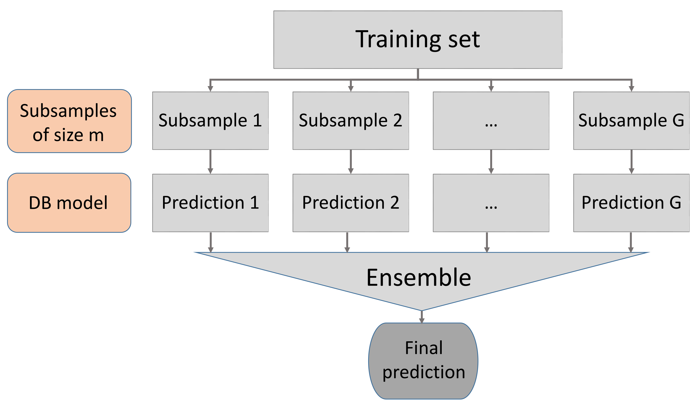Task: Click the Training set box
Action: [x=418, y=40]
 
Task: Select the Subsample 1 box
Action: [x=210, y=121]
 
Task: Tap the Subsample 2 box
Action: [x=351, y=121]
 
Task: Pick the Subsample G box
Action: [x=631, y=121]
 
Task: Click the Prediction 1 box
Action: [x=210, y=203]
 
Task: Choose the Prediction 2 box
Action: [x=351, y=203]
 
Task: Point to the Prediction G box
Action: [x=631, y=203]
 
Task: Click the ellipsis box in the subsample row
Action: [x=491, y=121]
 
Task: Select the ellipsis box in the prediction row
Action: [x=491, y=203]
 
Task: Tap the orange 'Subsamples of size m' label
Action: [x=69, y=121]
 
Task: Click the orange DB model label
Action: [x=69, y=203]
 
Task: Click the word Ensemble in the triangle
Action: [x=419, y=278]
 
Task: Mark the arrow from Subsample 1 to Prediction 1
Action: [x=210, y=162]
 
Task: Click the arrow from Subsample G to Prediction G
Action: [x=632, y=162]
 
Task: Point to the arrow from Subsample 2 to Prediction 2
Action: [x=351, y=162]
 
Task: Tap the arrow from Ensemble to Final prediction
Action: [x=422, y=317]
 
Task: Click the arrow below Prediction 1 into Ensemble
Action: [x=211, y=242]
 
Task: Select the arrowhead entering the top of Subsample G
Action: [x=632, y=89]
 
